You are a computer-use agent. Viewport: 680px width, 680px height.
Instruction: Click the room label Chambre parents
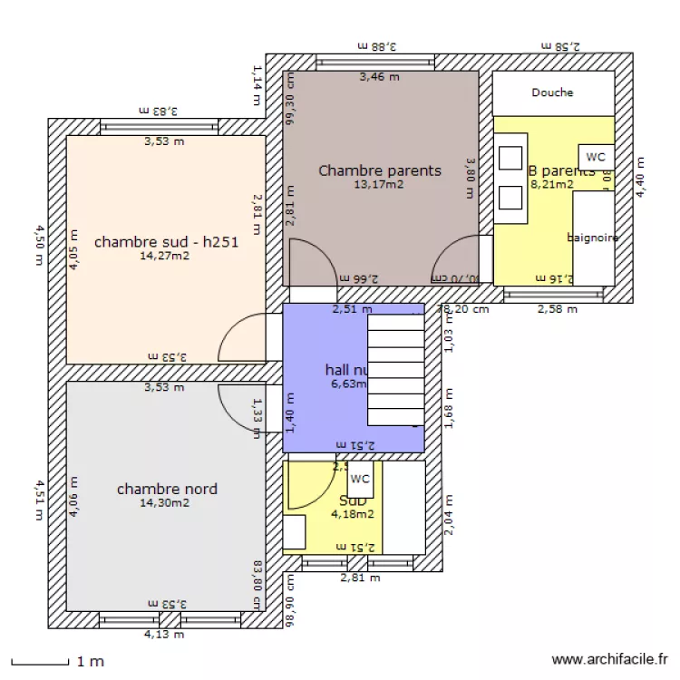pyautogui.click(x=380, y=170)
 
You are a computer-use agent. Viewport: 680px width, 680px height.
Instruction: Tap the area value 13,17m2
pyautogui.click(x=380, y=184)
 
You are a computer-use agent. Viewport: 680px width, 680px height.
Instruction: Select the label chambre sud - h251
pyautogui.click(x=166, y=242)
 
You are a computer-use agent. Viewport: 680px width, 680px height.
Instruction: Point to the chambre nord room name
pyautogui.click(x=167, y=489)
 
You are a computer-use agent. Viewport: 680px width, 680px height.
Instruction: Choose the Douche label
pyautogui.click(x=552, y=92)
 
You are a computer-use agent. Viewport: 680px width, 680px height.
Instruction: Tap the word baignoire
pyautogui.click(x=593, y=238)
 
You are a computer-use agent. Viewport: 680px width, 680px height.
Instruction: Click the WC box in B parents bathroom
pyautogui.click(x=596, y=157)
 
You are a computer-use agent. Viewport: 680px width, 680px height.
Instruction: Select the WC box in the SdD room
pyautogui.click(x=360, y=480)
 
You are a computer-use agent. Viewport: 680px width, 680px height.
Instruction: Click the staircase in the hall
pyautogui.click(x=396, y=369)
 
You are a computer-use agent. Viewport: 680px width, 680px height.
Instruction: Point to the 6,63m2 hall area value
pyautogui.click(x=348, y=384)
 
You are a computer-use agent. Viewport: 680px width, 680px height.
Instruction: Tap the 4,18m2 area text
pyautogui.click(x=353, y=514)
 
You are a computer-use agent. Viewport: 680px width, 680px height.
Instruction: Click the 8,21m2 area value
pyautogui.click(x=551, y=184)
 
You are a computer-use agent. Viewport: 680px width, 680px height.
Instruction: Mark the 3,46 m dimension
pyautogui.click(x=379, y=77)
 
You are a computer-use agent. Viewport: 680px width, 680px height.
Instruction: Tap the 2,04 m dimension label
pyautogui.click(x=447, y=516)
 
